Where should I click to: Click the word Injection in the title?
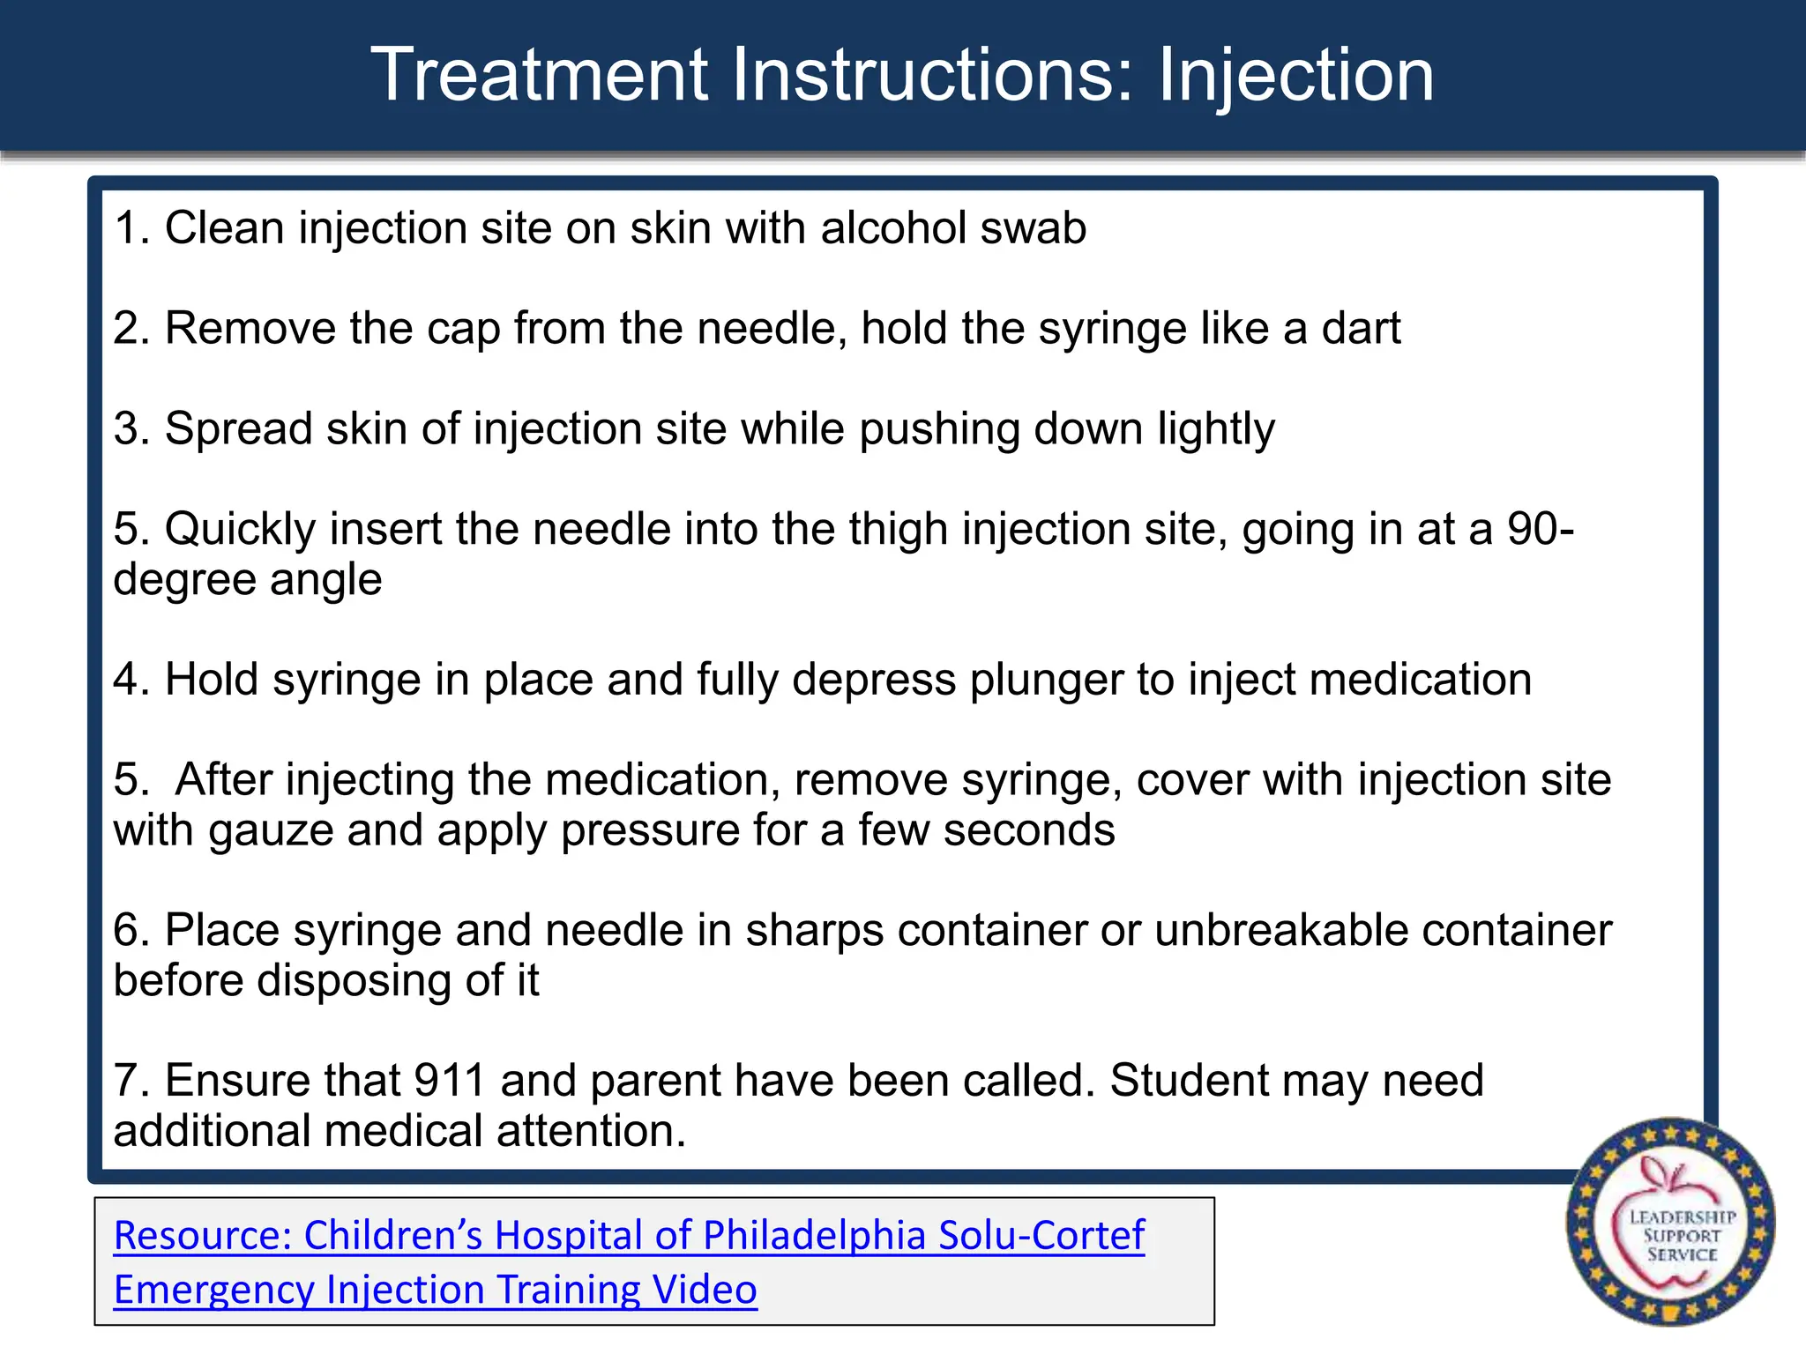(1295, 76)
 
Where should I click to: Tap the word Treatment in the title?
(540, 76)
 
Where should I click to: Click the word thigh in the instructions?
(899, 530)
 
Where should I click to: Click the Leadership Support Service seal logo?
(1670, 1222)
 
